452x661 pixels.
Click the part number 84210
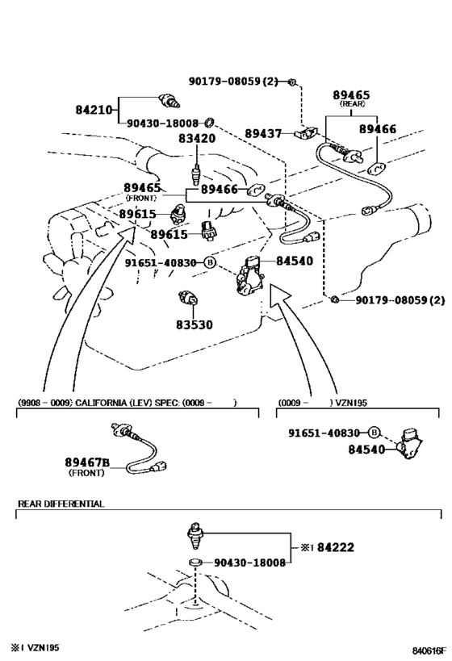pos(94,110)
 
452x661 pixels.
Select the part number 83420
pos(197,138)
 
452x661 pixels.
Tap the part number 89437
pos(263,134)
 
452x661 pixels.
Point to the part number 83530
pos(195,324)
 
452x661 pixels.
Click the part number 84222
pos(336,547)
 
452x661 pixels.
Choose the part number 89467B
pos(87,462)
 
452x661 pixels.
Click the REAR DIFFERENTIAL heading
pos(61,504)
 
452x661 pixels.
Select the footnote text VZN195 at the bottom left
pos(44,647)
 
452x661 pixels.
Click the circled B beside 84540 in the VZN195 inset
pos(374,433)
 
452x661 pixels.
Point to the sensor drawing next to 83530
pos(186,297)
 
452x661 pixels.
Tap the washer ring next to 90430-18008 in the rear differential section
pos(195,562)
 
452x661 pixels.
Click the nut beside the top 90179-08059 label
pos(292,82)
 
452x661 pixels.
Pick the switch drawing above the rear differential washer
pos(195,535)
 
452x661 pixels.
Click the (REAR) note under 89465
pos(352,103)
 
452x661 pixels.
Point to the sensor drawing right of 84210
pos(170,100)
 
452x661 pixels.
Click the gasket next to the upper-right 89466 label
pos(375,169)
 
